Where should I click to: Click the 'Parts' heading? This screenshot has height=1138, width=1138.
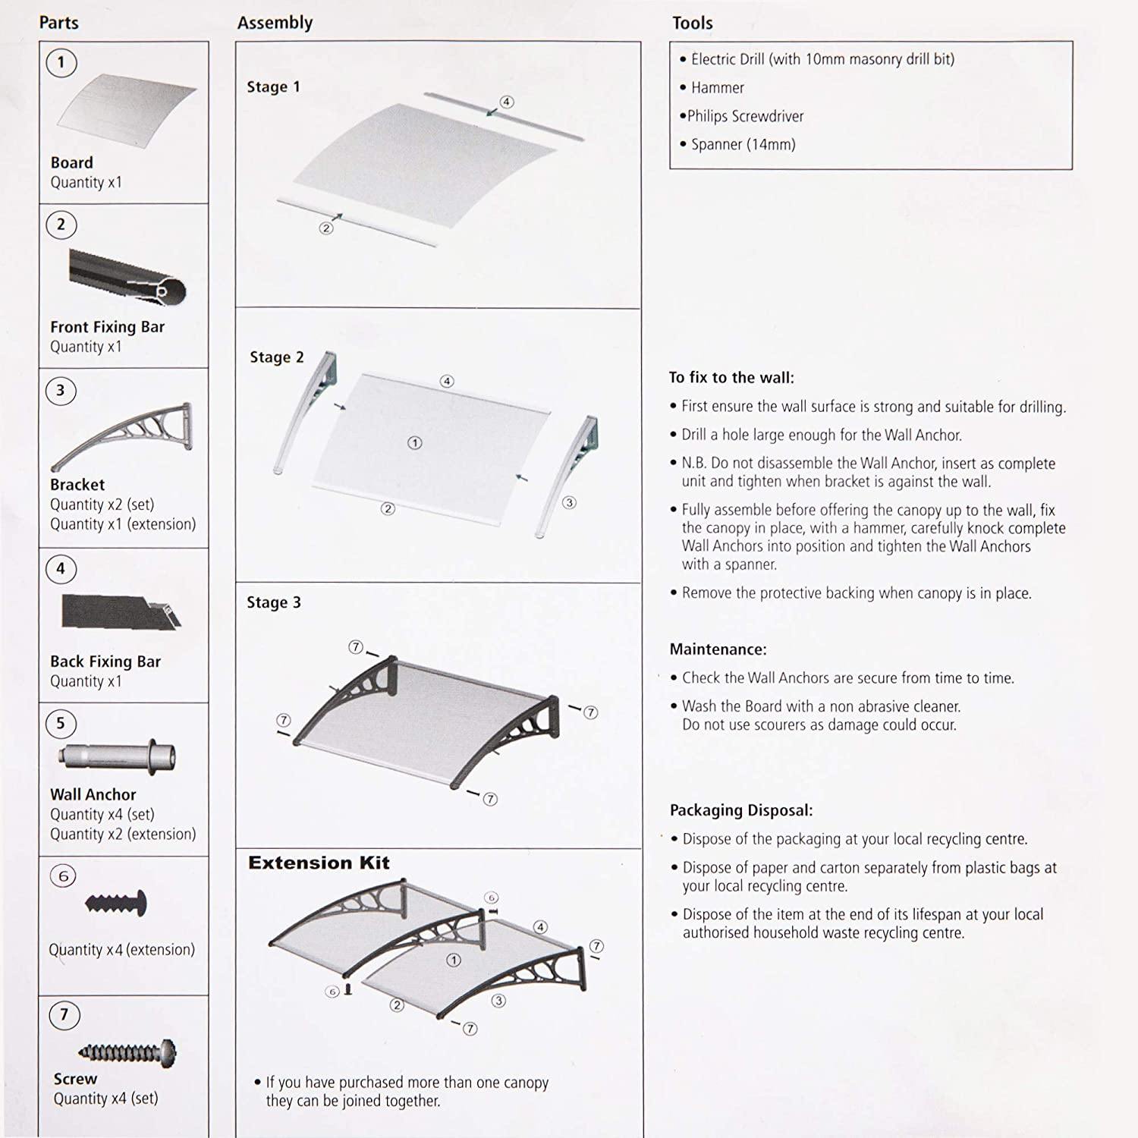58,23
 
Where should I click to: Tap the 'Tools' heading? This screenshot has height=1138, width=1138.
692,24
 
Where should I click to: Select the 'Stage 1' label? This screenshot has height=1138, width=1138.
273,87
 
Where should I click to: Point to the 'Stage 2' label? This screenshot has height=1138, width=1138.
276,357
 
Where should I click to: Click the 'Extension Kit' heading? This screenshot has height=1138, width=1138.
319,863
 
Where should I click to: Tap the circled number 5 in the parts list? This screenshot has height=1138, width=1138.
61,723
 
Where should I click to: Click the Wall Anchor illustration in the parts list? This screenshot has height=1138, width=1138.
118,757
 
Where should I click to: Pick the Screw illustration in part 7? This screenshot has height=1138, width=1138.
127,1052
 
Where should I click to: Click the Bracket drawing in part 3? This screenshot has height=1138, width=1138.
121,435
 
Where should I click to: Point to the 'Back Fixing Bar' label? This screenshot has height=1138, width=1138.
105,662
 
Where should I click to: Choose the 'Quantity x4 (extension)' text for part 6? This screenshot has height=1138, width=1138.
121,950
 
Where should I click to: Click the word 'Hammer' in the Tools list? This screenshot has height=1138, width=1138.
717,88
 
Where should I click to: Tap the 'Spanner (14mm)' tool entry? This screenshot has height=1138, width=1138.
743,144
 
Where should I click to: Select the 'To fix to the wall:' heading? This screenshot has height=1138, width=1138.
731,378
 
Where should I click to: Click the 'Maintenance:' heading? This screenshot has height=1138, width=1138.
718,649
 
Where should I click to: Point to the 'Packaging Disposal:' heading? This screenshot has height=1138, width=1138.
740,810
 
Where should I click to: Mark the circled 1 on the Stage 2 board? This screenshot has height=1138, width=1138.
414,443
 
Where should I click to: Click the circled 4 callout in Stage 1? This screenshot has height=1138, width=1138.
507,102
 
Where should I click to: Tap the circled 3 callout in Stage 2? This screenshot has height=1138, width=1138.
569,502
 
